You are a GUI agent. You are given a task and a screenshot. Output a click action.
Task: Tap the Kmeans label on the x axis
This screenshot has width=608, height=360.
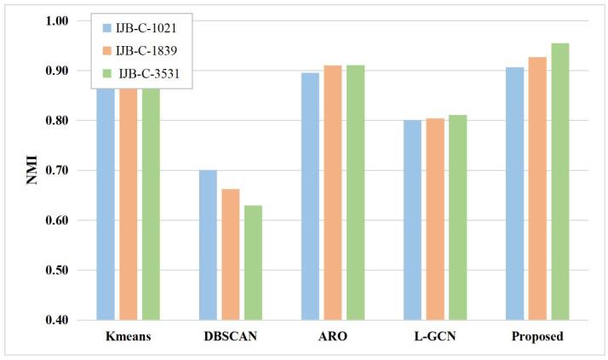[x=128, y=337]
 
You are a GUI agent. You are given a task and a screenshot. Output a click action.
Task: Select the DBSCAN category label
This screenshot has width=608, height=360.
[x=230, y=337]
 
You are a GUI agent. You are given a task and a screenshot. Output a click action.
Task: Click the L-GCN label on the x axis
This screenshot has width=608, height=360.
[x=434, y=337]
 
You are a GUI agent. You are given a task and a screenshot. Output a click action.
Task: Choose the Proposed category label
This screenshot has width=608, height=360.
[x=536, y=337]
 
